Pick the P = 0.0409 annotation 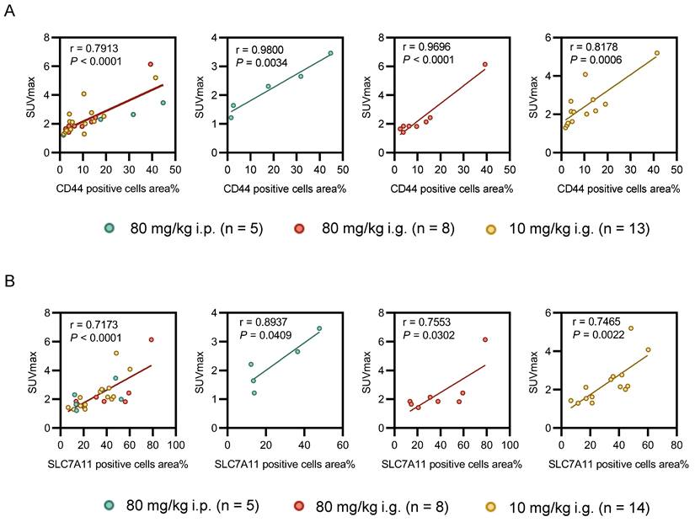pos(264,337)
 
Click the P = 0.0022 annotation pos(599,337)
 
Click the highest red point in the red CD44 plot pos(485,64)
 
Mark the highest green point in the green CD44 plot pos(330,53)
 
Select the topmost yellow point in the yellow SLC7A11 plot pos(630,328)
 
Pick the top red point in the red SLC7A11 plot pos(485,339)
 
